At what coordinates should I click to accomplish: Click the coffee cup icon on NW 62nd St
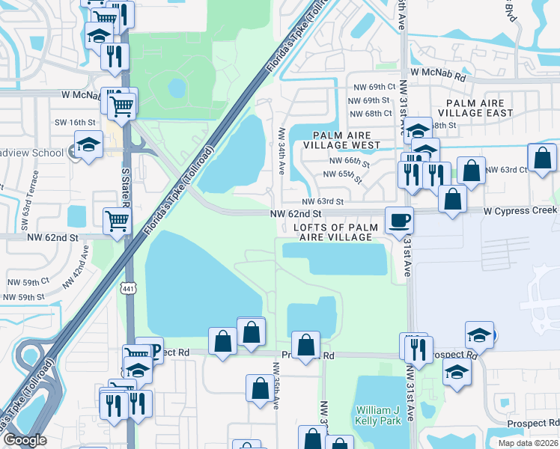coord(399,220)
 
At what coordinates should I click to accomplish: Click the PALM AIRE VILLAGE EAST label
coord(480,108)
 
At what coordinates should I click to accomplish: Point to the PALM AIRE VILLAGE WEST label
coord(342,139)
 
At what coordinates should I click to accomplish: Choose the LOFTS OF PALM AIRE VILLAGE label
coord(333,231)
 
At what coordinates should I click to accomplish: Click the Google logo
coord(24,440)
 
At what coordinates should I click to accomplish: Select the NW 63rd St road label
coord(323,202)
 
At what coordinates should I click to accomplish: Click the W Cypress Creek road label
coord(520,211)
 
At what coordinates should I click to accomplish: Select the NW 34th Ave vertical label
coord(283,149)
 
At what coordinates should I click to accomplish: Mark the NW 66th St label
coord(349,161)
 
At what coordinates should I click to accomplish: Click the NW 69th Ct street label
coord(371,88)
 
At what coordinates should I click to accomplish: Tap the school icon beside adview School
coord(88,145)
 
